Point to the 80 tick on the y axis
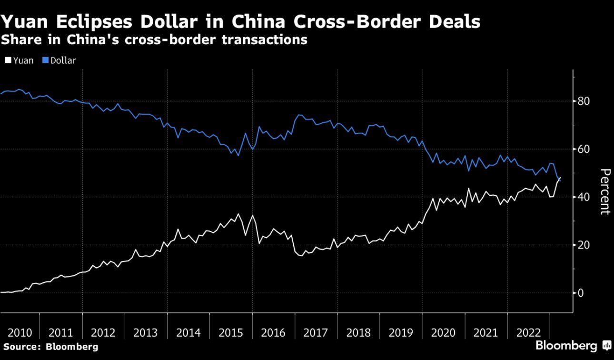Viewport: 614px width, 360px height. point(584,101)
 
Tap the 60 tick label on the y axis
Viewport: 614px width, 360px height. point(584,149)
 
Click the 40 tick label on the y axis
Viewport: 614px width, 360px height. point(584,197)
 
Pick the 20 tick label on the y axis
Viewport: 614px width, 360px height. point(584,245)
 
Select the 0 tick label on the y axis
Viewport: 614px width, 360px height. point(581,293)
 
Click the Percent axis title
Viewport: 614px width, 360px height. point(604,192)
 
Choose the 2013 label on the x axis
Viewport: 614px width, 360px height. point(146,333)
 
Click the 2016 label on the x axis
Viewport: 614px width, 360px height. point(274,333)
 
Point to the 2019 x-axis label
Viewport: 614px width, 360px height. point(401,333)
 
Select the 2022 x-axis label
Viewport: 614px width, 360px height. point(528,333)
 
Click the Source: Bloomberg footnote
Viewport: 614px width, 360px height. point(50,347)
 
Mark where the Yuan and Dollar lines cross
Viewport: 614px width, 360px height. point(559,179)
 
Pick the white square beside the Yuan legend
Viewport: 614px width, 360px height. point(8,60)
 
